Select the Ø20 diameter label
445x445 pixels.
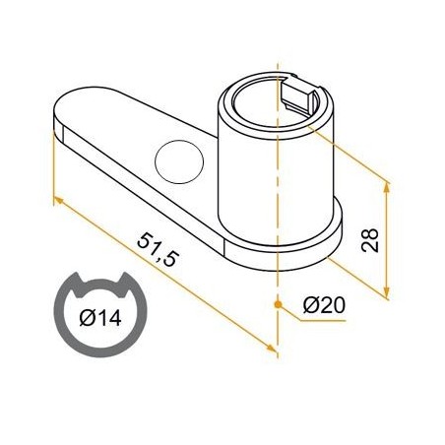click(324, 305)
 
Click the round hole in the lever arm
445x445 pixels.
click(178, 159)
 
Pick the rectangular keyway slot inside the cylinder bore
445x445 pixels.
click(301, 96)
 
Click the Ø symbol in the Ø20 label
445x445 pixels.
click(309, 305)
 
